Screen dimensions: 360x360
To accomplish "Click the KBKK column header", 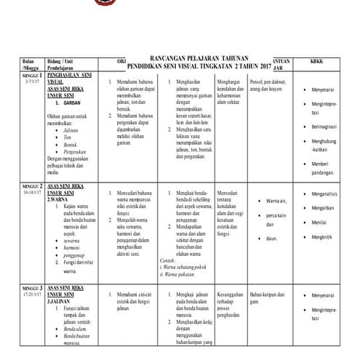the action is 318,61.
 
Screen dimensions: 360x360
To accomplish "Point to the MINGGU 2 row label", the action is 13,187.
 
